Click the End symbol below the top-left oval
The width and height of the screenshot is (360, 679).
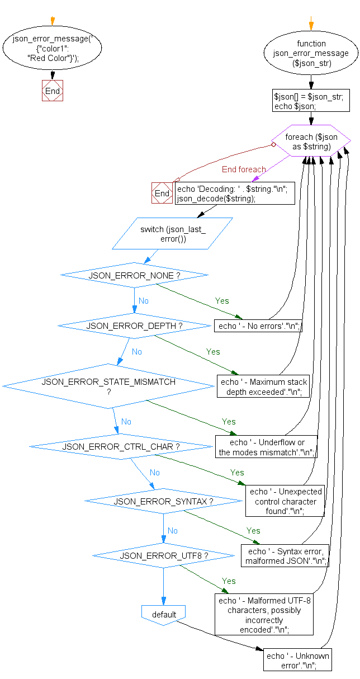[53, 91]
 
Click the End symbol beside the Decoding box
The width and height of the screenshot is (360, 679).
[162, 193]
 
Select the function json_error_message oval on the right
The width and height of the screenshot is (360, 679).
[311, 54]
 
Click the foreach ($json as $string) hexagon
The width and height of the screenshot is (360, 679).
[311, 141]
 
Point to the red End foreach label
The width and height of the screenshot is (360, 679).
[244, 169]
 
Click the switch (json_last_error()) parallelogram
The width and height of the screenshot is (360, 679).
[173, 233]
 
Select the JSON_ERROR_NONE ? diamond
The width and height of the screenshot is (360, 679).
[134, 275]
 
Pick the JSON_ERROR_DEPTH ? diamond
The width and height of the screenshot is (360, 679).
[134, 326]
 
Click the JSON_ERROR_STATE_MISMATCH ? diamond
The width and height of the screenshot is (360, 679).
[108, 386]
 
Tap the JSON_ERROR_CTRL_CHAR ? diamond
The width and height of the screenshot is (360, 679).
[121, 446]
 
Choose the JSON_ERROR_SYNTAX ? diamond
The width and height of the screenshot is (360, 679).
[163, 501]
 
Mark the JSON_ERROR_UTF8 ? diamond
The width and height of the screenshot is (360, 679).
[163, 556]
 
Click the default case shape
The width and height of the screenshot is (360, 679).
[163, 614]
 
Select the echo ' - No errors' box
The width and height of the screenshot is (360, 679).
[258, 326]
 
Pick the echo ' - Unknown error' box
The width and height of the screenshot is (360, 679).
[298, 660]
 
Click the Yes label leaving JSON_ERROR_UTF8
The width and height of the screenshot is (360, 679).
[229, 581]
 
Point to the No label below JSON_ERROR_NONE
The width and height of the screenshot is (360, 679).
[144, 301]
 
